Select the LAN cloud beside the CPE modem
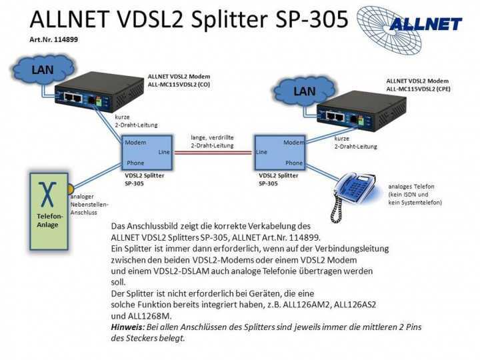(x=303, y=92)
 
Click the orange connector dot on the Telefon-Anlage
(x=70, y=189)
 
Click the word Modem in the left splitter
(x=135, y=143)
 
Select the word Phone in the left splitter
(x=135, y=163)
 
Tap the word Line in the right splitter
(x=261, y=152)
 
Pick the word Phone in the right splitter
(x=293, y=163)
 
